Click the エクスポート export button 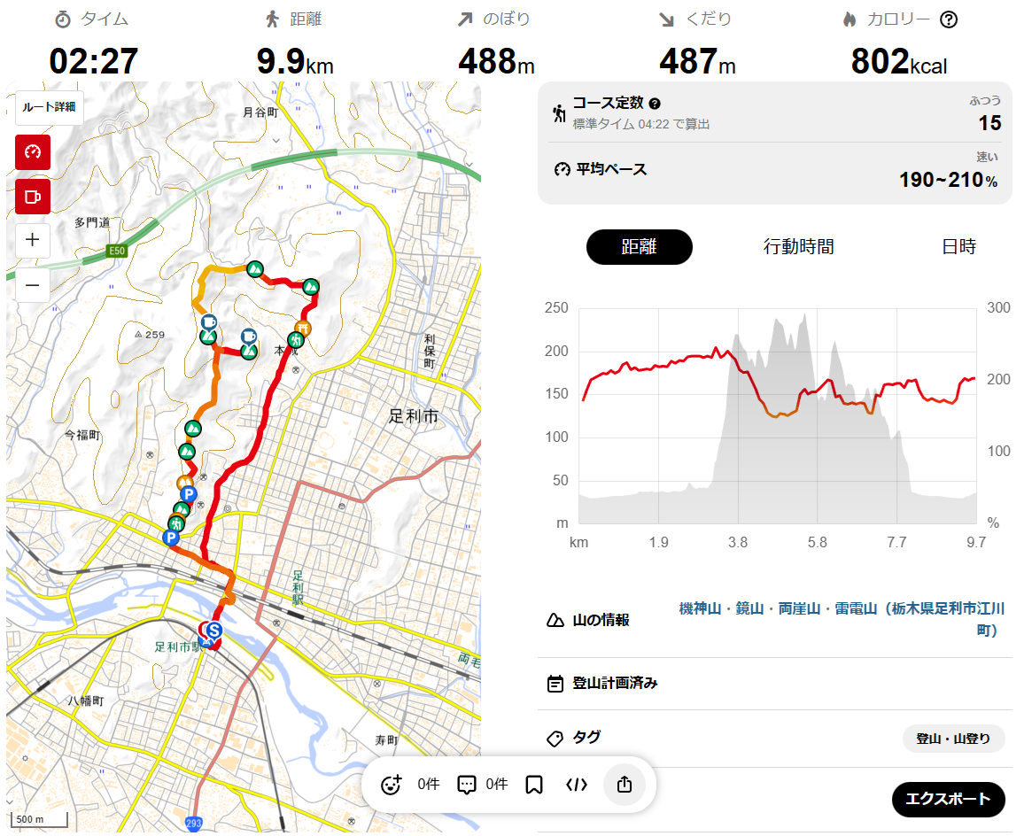(948, 799)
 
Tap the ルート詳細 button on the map (49, 107)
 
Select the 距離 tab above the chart (639, 247)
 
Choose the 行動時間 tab (798, 247)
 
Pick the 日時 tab (958, 247)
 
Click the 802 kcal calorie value (898, 62)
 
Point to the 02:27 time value (94, 62)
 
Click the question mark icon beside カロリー (949, 19)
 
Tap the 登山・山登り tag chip (953, 739)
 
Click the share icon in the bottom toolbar (624, 785)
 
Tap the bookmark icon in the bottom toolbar (533, 785)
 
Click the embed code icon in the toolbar (576, 785)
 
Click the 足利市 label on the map (414, 415)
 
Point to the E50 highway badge (116, 252)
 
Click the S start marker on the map (213, 631)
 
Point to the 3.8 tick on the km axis (737, 542)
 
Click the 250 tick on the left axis (555, 308)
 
